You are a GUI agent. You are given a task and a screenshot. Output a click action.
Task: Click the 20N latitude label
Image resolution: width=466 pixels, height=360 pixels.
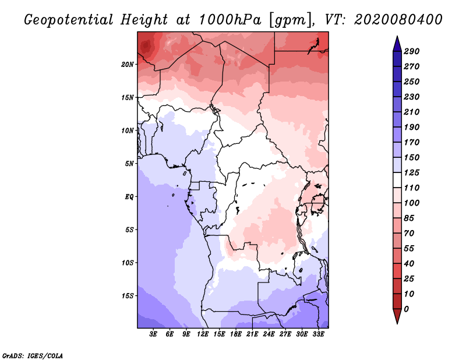[128, 65]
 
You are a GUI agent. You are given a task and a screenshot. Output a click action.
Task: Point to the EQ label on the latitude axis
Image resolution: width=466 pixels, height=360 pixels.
[129, 197]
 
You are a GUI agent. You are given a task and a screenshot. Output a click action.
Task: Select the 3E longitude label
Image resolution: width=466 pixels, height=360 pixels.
[153, 334]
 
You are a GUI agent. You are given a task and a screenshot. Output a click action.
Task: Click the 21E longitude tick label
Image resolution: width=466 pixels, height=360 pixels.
[252, 334]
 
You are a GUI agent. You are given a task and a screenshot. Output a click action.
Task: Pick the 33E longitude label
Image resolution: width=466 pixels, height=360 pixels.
[318, 334]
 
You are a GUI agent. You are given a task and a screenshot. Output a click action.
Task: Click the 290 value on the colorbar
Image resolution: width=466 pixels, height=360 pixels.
[412, 51]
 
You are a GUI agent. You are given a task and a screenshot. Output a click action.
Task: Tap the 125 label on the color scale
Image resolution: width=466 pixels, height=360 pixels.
[412, 172]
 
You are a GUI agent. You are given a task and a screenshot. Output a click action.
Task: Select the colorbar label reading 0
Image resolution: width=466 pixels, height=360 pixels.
[406, 309]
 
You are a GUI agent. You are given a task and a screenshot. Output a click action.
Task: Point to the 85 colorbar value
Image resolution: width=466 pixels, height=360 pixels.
[409, 218]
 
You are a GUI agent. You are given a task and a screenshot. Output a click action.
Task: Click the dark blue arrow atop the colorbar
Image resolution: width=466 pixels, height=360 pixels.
[397, 44]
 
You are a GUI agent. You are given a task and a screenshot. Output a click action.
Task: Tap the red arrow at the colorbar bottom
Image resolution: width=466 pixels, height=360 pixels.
[397, 316]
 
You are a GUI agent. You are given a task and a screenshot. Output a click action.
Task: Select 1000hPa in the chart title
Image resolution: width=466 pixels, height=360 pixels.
[230, 20]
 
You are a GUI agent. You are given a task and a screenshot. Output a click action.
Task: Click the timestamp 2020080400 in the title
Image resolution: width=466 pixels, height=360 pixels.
[398, 20]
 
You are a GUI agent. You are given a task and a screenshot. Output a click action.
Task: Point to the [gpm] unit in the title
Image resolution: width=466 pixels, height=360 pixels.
[292, 20]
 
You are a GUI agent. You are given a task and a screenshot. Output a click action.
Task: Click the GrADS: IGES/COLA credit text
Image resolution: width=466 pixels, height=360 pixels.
[33, 356]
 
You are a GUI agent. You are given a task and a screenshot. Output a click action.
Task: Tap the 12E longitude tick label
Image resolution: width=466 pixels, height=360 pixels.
[203, 334]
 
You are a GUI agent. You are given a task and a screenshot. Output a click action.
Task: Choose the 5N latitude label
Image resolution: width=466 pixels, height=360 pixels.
[129, 164]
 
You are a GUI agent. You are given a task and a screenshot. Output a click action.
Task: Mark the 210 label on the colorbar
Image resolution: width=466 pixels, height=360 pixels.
[412, 112]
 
